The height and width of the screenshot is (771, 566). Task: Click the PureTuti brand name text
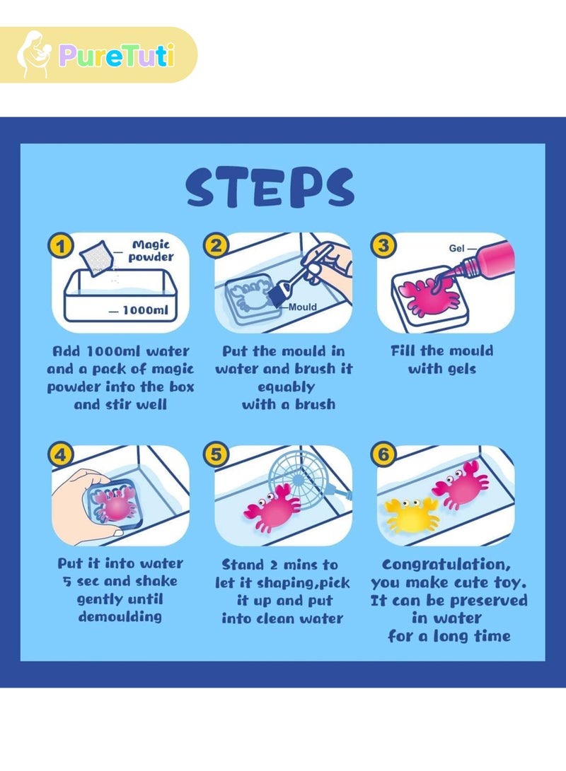[x=117, y=55]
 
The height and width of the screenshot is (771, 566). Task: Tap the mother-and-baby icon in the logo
[x=33, y=54]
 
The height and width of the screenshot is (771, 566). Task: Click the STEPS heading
[x=270, y=187]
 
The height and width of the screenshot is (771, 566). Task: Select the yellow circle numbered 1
[x=61, y=245]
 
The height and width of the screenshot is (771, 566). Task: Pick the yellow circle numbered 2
[x=216, y=245]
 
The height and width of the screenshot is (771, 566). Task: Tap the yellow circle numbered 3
[x=383, y=245]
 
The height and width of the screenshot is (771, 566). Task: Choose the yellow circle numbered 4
[x=61, y=454]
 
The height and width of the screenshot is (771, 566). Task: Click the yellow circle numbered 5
[x=216, y=454]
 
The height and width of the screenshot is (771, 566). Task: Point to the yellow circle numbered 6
[x=383, y=454]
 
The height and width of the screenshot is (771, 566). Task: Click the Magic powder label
[x=151, y=251]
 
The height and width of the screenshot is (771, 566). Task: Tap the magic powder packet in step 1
[x=97, y=259]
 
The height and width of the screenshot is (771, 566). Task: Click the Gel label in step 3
[x=456, y=248]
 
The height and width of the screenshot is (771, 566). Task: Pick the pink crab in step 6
[x=461, y=485]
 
